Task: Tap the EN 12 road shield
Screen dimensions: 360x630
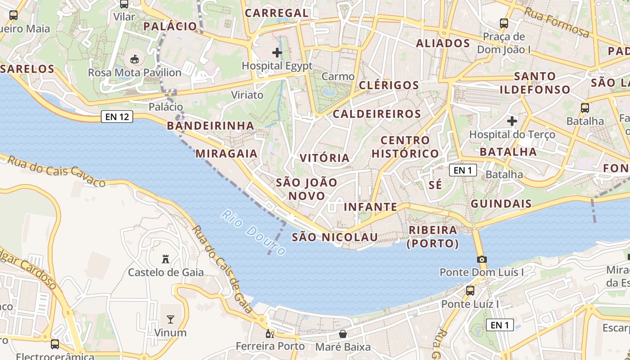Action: tap(117, 117)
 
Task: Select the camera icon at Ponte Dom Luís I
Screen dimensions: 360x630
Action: tap(482, 259)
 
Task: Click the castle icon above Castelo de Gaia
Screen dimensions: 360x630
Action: tap(166, 259)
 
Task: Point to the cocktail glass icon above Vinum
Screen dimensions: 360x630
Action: tap(171, 319)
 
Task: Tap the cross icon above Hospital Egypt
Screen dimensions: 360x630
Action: tap(277, 53)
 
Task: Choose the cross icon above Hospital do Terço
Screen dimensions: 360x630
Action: tap(512, 121)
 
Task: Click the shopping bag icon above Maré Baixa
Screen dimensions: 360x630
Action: tap(343, 334)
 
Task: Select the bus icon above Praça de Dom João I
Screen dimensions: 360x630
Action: tap(504, 23)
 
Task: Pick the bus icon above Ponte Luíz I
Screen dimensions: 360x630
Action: tap(470, 291)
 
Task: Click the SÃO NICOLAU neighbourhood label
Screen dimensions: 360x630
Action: tap(334, 237)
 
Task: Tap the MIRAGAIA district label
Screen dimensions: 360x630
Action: tap(226, 153)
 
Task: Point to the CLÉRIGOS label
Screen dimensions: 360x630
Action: tap(389, 85)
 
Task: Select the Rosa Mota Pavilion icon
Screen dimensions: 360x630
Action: tap(134, 59)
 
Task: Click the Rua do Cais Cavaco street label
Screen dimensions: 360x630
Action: tap(56, 171)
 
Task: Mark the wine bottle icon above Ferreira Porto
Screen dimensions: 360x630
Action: tap(270, 333)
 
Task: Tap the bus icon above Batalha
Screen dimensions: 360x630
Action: tap(585, 108)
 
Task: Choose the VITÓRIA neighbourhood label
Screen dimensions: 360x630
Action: tap(325, 158)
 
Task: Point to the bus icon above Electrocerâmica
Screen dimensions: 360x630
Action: tap(55, 344)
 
